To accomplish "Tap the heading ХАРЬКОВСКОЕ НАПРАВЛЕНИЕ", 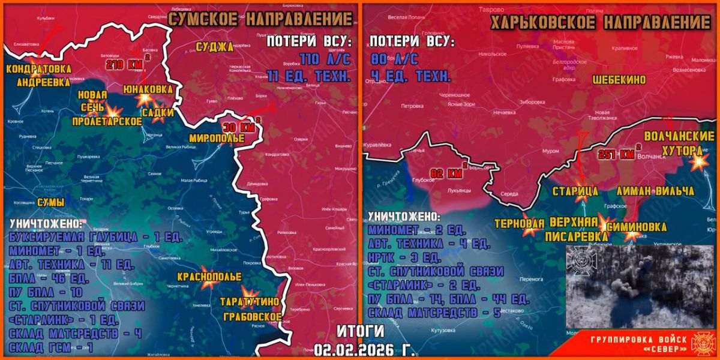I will [601, 23].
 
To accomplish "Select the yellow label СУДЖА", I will [214, 46].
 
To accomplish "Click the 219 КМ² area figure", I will [122, 64].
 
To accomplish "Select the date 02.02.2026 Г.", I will [364, 349].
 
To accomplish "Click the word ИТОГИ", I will [360, 331].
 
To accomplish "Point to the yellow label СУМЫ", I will [50, 202].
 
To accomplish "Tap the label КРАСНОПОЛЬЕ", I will [209, 277].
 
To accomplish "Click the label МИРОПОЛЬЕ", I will [217, 138].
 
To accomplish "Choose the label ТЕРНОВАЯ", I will [518, 224].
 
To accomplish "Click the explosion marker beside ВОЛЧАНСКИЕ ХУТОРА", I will [698, 163].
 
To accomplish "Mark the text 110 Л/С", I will [323, 59].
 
